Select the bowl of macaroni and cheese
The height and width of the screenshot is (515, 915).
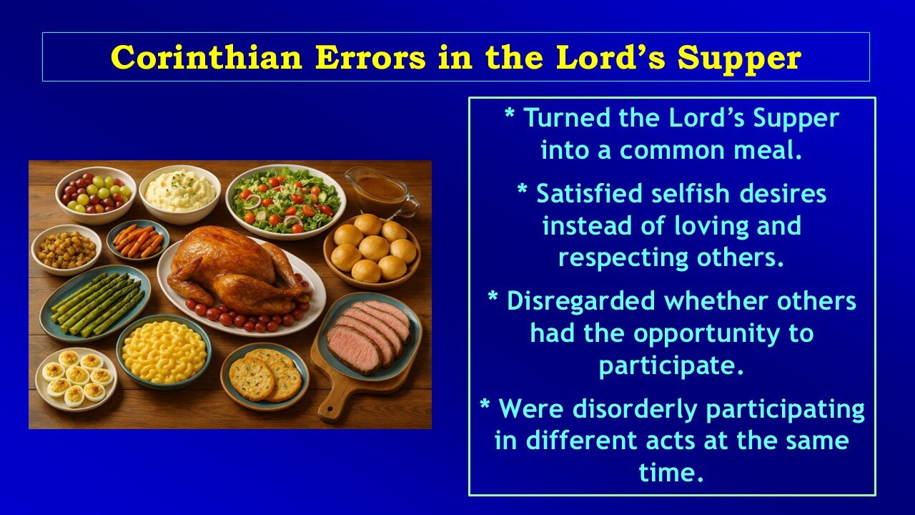164,350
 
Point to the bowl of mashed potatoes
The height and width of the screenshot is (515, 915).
180,192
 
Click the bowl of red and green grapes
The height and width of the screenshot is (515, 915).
96,192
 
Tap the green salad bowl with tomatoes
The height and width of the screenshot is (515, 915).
286,200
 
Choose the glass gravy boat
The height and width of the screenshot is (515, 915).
379,190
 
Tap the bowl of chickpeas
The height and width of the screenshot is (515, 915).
66,249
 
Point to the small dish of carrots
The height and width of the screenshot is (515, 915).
138,240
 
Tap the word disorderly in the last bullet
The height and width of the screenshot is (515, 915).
630,409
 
